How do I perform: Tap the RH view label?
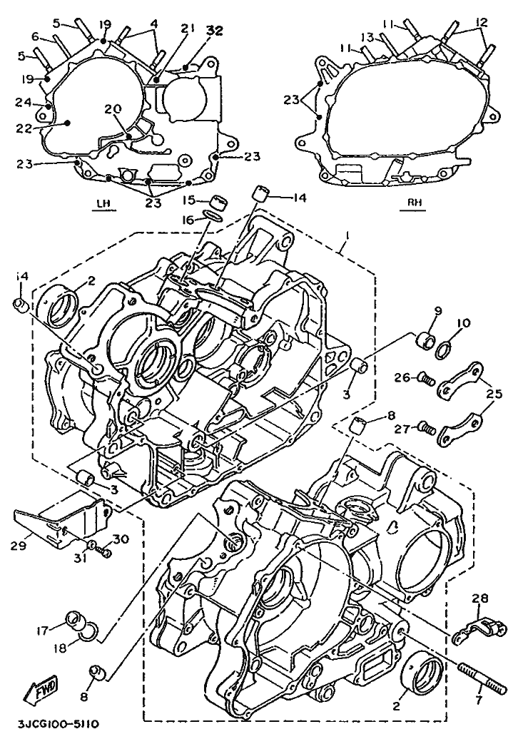click(x=415, y=203)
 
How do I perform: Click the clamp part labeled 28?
click(x=485, y=626)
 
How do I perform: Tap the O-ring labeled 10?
click(x=443, y=350)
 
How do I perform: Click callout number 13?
click(x=367, y=37)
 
